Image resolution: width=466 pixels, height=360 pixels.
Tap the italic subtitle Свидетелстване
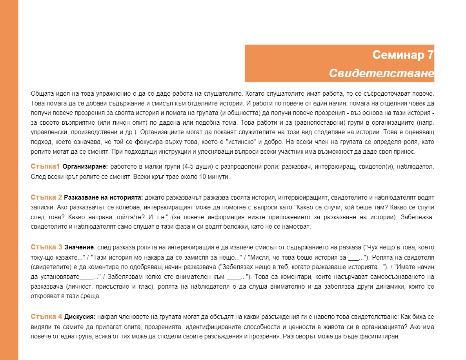[381, 74]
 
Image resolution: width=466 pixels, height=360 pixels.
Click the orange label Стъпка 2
[46, 197]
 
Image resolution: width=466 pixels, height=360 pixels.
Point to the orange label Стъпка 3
[46, 247]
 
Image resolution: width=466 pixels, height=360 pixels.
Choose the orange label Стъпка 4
[46, 316]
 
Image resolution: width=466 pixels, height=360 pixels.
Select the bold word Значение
[79, 247]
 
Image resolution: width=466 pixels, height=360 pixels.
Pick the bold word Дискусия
[80, 316]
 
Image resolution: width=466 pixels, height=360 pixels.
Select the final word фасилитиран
[382, 336]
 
